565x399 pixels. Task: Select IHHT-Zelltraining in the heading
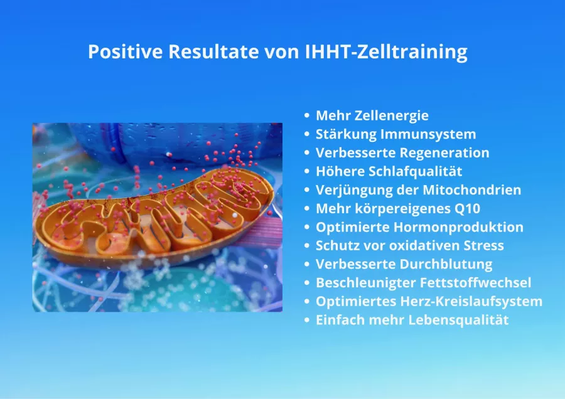(386, 52)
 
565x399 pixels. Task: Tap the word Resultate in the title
(213, 51)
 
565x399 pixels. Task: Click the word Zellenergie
(392, 116)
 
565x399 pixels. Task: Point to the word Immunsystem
(428, 135)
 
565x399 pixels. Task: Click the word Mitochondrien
(471, 190)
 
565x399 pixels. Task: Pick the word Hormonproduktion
(458, 228)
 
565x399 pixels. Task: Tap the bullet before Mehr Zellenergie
(307, 115)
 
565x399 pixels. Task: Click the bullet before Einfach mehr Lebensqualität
(307, 320)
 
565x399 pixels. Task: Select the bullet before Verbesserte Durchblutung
(307, 264)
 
